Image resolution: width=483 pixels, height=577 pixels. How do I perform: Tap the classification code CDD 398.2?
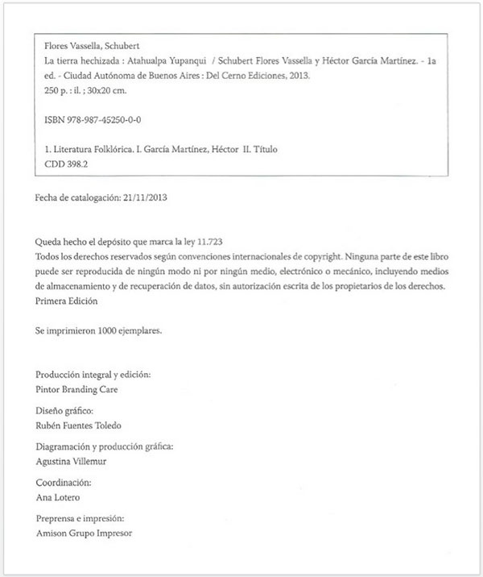pyautogui.click(x=68, y=163)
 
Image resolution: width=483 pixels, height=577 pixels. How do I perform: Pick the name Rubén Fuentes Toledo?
pyautogui.click(x=83, y=425)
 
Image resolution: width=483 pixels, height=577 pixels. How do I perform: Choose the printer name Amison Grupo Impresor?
pyautogui.click(x=84, y=533)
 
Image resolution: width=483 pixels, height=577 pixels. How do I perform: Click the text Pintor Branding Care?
pyautogui.click(x=77, y=388)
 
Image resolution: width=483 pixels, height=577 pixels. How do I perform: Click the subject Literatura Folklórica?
pyautogui.click(x=96, y=148)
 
